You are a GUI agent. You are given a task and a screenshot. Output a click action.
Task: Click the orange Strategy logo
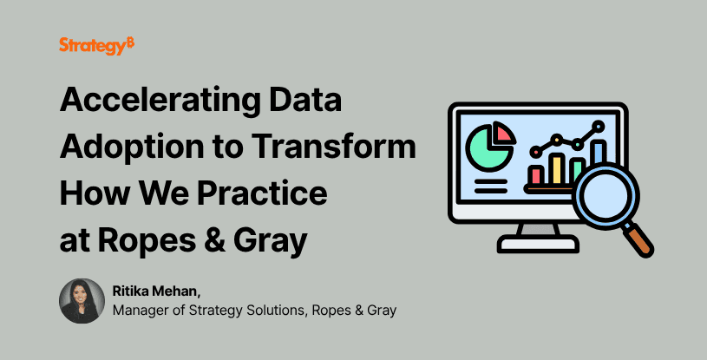[96, 46]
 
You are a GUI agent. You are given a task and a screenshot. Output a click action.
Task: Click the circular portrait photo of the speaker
[82, 301]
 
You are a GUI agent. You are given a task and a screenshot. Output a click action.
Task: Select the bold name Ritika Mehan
[156, 291]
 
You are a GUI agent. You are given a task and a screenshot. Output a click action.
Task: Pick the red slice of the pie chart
[503, 133]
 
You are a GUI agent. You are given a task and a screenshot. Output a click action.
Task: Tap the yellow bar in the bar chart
[557, 168]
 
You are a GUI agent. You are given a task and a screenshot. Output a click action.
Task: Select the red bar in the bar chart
[537, 174]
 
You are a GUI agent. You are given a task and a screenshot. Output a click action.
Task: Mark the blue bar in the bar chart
[599, 153]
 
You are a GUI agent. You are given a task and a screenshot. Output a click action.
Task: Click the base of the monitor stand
[538, 244]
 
